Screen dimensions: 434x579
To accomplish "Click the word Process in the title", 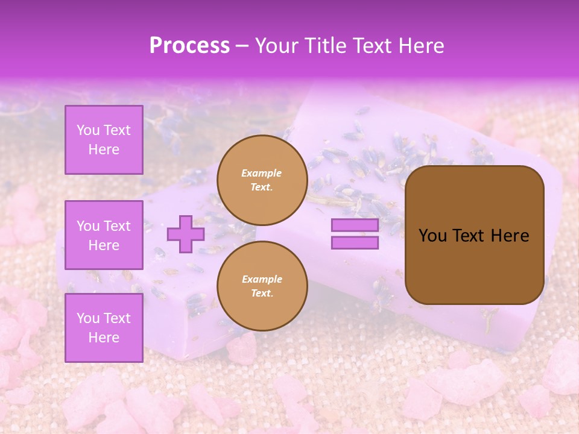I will click(x=189, y=46).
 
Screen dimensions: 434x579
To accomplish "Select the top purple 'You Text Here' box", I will click(x=104, y=140).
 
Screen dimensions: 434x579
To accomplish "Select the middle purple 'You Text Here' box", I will click(x=104, y=235).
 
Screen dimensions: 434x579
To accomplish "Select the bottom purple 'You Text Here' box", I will click(x=104, y=328).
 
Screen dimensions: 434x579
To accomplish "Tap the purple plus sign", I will click(x=186, y=234).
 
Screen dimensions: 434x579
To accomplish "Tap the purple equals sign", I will click(x=355, y=234).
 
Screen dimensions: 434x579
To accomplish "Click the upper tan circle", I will click(x=262, y=180).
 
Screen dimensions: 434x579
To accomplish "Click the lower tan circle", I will click(x=262, y=286).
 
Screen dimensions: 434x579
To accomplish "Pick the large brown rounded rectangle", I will click(x=475, y=235).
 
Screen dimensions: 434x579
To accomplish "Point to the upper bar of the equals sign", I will click(x=355, y=225).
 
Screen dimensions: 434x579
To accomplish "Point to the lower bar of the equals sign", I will click(x=355, y=243).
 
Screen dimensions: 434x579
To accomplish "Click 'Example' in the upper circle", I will click(x=262, y=174).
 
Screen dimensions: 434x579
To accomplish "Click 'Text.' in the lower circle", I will click(x=262, y=294).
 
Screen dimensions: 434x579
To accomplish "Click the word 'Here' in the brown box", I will click(x=510, y=236).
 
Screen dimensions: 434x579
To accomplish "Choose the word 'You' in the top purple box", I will click(x=88, y=130).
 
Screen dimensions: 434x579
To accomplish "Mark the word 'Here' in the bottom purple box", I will click(x=104, y=338).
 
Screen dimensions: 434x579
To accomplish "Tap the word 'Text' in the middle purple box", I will click(x=117, y=226).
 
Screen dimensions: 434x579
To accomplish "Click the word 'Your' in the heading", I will click(x=277, y=46).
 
